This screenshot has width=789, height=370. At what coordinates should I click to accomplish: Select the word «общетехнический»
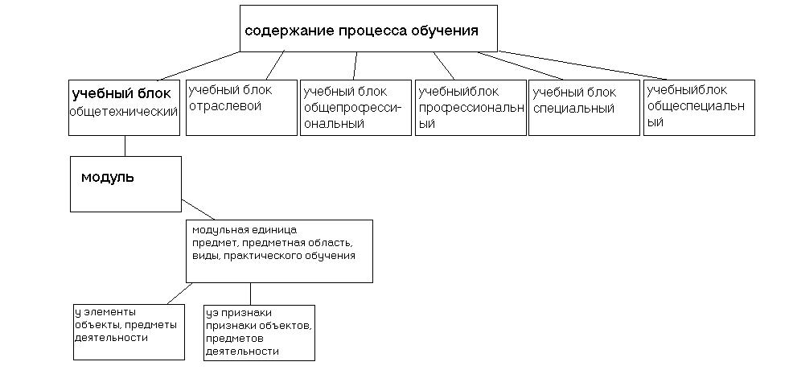tap(124, 112)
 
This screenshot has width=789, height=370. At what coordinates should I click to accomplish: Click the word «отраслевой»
tap(225, 106)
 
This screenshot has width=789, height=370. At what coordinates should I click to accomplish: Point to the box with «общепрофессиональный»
tap(355, 108)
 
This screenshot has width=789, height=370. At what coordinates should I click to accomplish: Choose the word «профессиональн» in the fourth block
tap(471, 108)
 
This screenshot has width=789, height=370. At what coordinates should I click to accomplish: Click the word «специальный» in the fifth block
tap(573, 109)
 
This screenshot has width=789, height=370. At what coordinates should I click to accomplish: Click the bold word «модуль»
tap(108, 177)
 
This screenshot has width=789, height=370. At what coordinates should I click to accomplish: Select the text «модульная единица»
tap(245, 231)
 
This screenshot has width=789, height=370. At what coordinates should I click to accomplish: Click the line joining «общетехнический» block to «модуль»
tap(125, 146)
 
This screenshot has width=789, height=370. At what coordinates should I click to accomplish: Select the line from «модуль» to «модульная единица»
tap(199, 209)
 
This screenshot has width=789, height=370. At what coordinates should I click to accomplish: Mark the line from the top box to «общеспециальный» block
tap(582, 65)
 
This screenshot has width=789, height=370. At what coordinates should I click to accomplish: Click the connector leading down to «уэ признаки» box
tap(251, 294)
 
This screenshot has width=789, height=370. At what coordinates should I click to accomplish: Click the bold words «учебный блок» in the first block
tap(121, 93)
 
